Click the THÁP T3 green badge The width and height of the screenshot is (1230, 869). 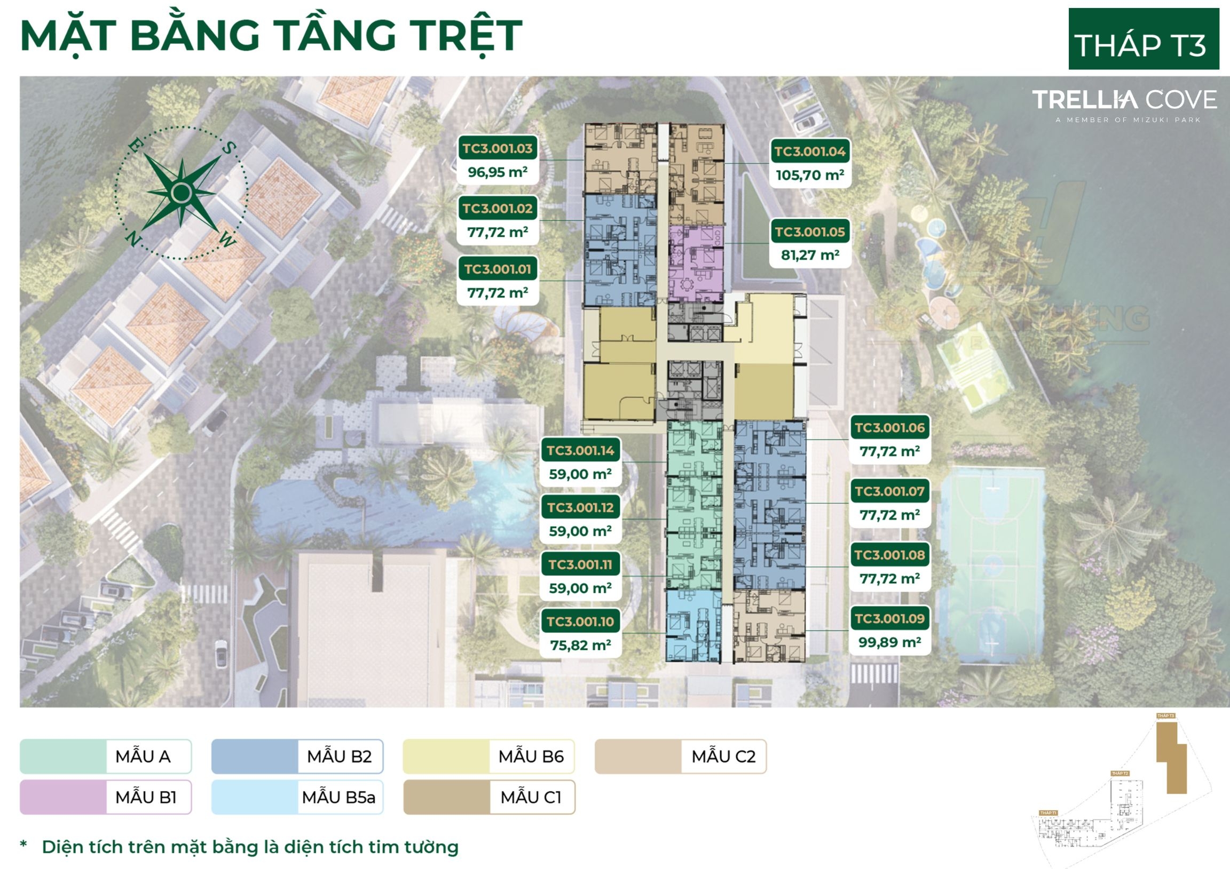(x=1143, y=39)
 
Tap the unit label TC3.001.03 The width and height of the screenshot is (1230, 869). (x=498, y=148)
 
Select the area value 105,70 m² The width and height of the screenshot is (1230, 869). (x=809, y=175)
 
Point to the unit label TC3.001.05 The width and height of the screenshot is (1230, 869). (x=809, y=232)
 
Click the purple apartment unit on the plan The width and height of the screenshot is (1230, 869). (x=695, y=264)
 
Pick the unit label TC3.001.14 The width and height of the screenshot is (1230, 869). (x=580, y=450)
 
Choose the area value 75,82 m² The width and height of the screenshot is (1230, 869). (x=580, y=645)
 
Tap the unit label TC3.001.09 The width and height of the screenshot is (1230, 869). (x=889, y=618)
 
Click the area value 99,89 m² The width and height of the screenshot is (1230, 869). (x=889, y=642)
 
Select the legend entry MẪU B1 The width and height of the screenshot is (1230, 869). (x=106, y=798)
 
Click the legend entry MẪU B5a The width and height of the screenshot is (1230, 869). (x=297, y=798)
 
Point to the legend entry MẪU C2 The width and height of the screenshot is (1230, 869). (x=680, y=756)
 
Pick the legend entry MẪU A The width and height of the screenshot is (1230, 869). (x=106, y=756)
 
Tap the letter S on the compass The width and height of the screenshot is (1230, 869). (x=229, y=148)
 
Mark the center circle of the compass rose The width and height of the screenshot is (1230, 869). (x=182, y=193)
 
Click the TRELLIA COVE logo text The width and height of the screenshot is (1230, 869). (x=1124, y=100)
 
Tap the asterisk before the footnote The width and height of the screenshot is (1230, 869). (x=23, y=845)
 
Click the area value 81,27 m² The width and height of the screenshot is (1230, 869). (x=809, y=255)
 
